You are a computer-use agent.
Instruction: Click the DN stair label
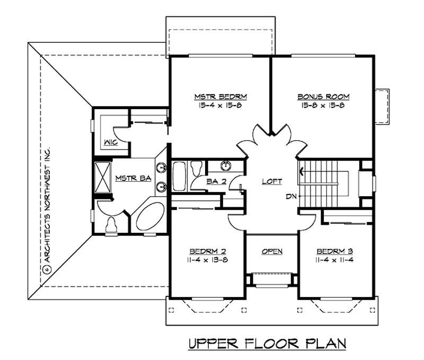(290, 197)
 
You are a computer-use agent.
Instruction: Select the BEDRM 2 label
(207, 251)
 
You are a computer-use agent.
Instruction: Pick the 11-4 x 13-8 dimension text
(207, 260)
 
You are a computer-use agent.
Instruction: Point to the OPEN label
(272, 251)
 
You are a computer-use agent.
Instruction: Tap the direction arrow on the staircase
(302, 171)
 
